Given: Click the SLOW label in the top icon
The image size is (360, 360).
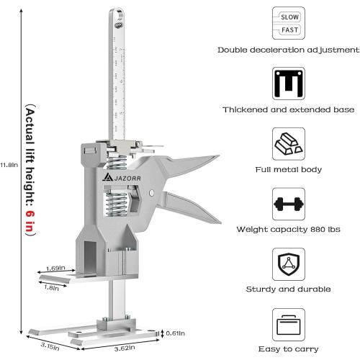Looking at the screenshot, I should (289, 16).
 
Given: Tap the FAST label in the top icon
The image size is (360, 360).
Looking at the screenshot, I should (289, 31).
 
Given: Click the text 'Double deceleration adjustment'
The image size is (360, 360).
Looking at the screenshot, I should (289, 50).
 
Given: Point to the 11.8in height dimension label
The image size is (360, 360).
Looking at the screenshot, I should (7, 164).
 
